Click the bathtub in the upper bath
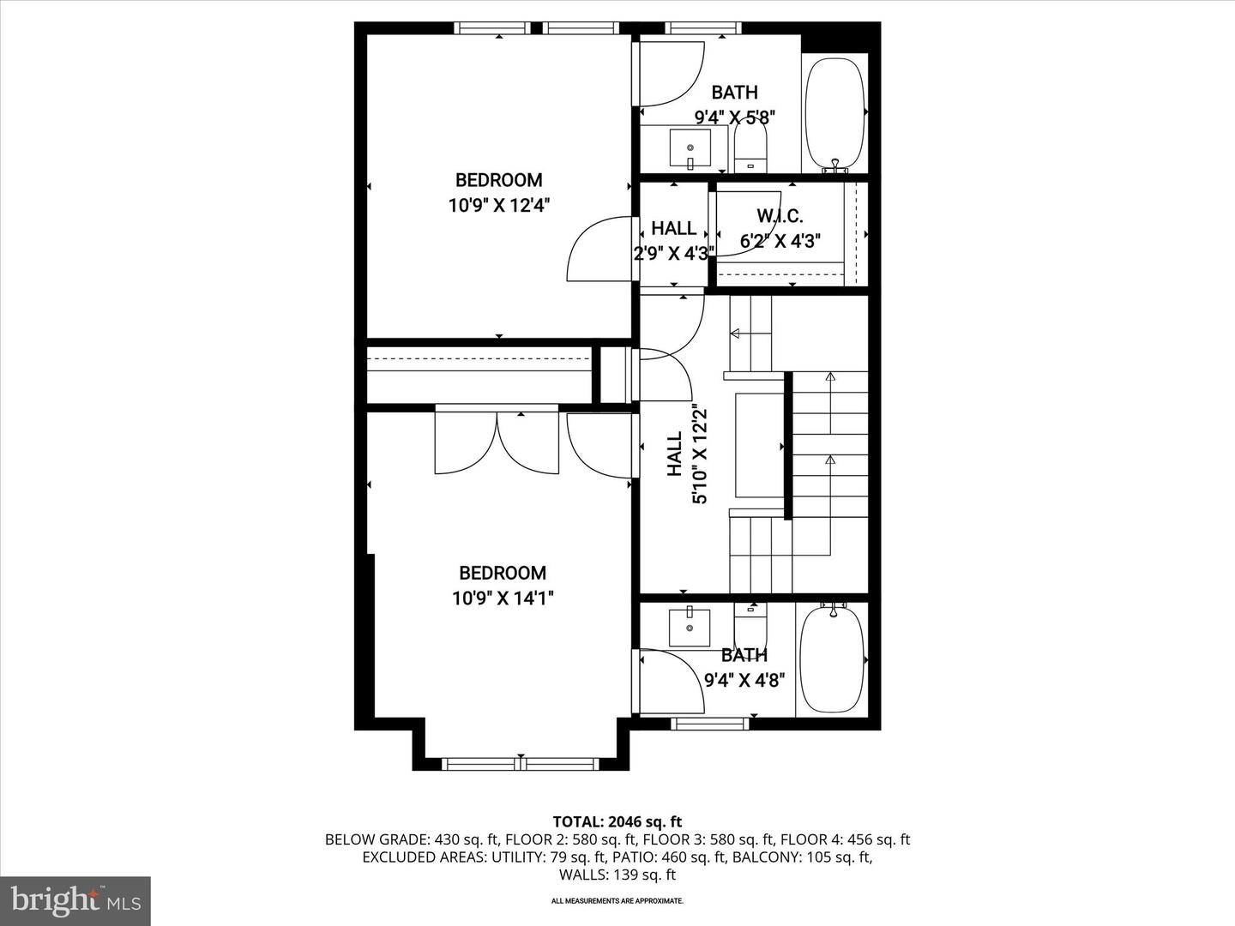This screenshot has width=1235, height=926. coord(835,113)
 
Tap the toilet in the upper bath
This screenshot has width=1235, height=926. coord(750,147)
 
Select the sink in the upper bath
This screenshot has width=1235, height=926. coord(690,148)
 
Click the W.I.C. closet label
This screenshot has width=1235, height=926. coord(780,215)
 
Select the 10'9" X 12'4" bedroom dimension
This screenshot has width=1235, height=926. coord(498,205)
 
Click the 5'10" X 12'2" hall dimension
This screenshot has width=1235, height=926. coord(701,454)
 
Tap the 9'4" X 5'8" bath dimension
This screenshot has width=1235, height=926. coord(735,117)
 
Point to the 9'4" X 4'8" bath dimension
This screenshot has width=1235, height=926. coord(744,681)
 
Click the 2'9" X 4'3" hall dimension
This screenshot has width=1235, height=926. coord(674,254)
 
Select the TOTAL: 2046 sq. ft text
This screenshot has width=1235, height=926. coord(617,822)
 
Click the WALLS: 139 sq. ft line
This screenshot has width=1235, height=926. coord(617,875)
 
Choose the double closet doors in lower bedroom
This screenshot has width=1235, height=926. coord(497,442)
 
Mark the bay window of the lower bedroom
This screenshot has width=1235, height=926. coord(521,764)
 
